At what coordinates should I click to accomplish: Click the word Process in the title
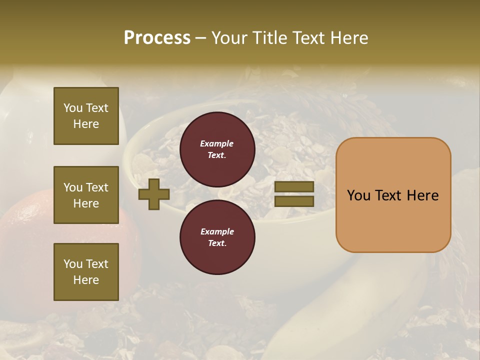click(x=157, y=37)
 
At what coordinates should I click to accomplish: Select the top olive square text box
click(x=86, y=116)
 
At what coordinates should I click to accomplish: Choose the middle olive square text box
click(x=86, y=195)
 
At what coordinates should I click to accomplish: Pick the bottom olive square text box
click(x=86, y=271)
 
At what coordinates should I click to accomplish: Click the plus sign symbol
click(x=154, y=194)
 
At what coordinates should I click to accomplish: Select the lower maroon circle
click(x=217, y=237)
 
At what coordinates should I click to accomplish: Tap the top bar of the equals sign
click(x=294, y=187)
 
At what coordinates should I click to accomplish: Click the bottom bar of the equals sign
click(x=294, y=201)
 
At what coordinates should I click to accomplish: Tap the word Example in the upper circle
click(x=216, y=144)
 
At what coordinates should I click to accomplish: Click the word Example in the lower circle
click(x=217, y=231)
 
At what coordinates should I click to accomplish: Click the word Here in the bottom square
click(x=86, y=280)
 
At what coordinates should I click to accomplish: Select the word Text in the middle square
click(x=97, y=187)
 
